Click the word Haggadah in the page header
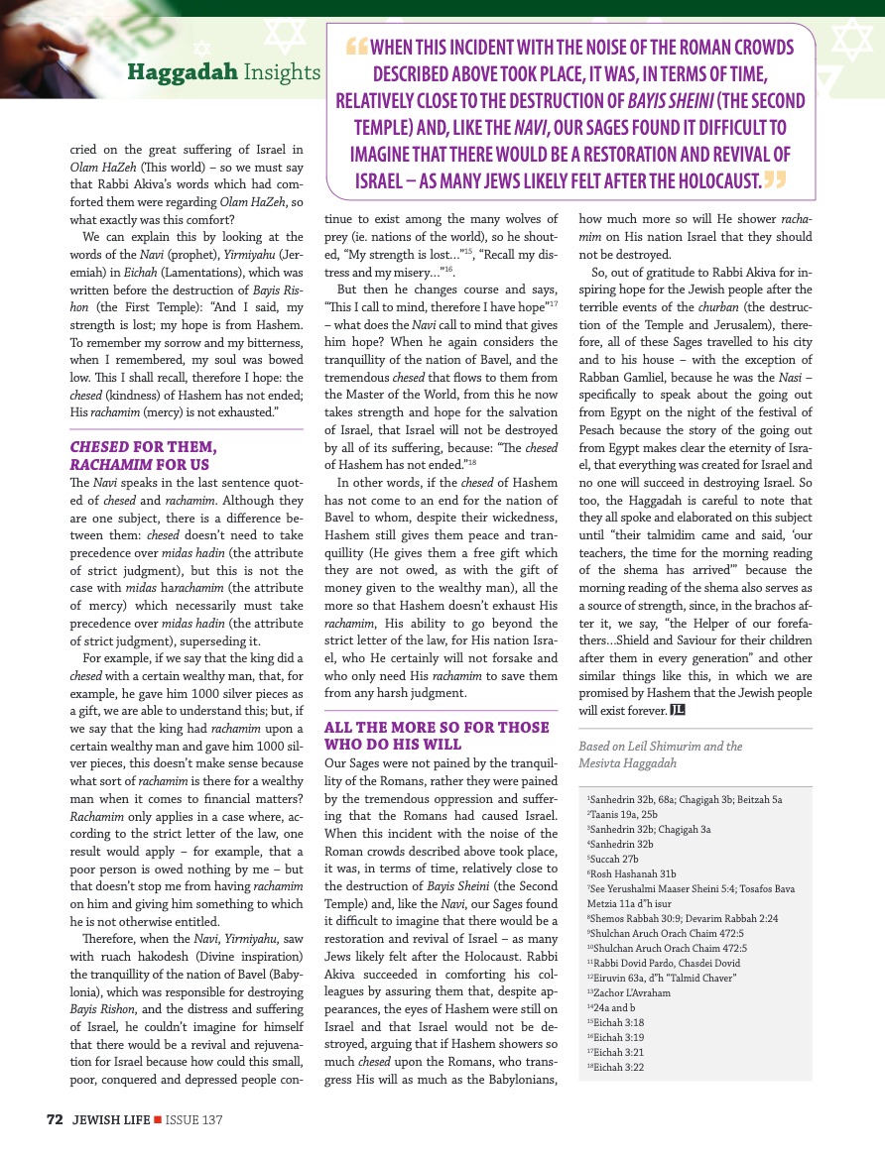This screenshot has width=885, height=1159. (x=183, y=72)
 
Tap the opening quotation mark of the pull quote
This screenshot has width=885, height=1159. (x=356, y=48)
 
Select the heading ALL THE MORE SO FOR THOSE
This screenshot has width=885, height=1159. (x=437, y=727)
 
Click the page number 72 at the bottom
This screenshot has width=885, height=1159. (x=56, y=1119)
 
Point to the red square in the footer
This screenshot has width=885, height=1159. (x=158, y=1119)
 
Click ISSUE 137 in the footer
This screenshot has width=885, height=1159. (x=193, y=1119)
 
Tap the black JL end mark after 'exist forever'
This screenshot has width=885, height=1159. (x=678, y=710)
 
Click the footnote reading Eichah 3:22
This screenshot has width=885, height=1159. (x=619, y=1067)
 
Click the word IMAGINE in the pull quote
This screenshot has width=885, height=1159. (x=387, y=155)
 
